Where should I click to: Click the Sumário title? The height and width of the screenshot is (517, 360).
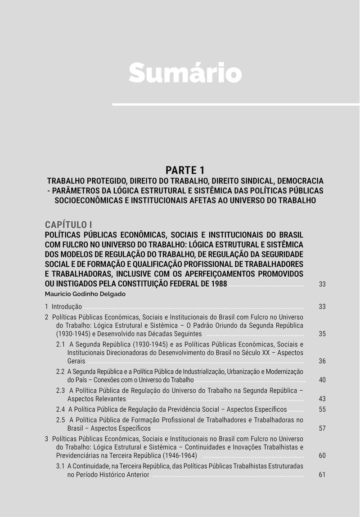point(185,72)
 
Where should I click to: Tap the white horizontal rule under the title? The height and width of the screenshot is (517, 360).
point(235,104)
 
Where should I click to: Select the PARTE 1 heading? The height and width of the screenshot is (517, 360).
point(185,170)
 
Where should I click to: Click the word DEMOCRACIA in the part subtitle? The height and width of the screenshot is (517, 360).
point(298,181)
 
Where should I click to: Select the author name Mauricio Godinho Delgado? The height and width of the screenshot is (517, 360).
point(85,294)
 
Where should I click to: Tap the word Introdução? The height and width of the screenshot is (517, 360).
point(67,307)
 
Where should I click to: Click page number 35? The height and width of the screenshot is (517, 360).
point(322,334)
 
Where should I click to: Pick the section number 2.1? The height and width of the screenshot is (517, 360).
point(61,344)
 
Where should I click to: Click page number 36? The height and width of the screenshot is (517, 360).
point(322,361)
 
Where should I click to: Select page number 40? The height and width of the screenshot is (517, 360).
point(322,380)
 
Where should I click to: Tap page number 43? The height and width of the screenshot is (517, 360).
point(322,399)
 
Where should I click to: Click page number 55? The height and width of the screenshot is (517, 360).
point(322,409)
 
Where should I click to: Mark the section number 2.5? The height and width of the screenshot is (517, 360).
point(61,420)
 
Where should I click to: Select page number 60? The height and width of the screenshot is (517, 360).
point(322,456)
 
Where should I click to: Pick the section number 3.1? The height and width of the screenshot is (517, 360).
point(61,466)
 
